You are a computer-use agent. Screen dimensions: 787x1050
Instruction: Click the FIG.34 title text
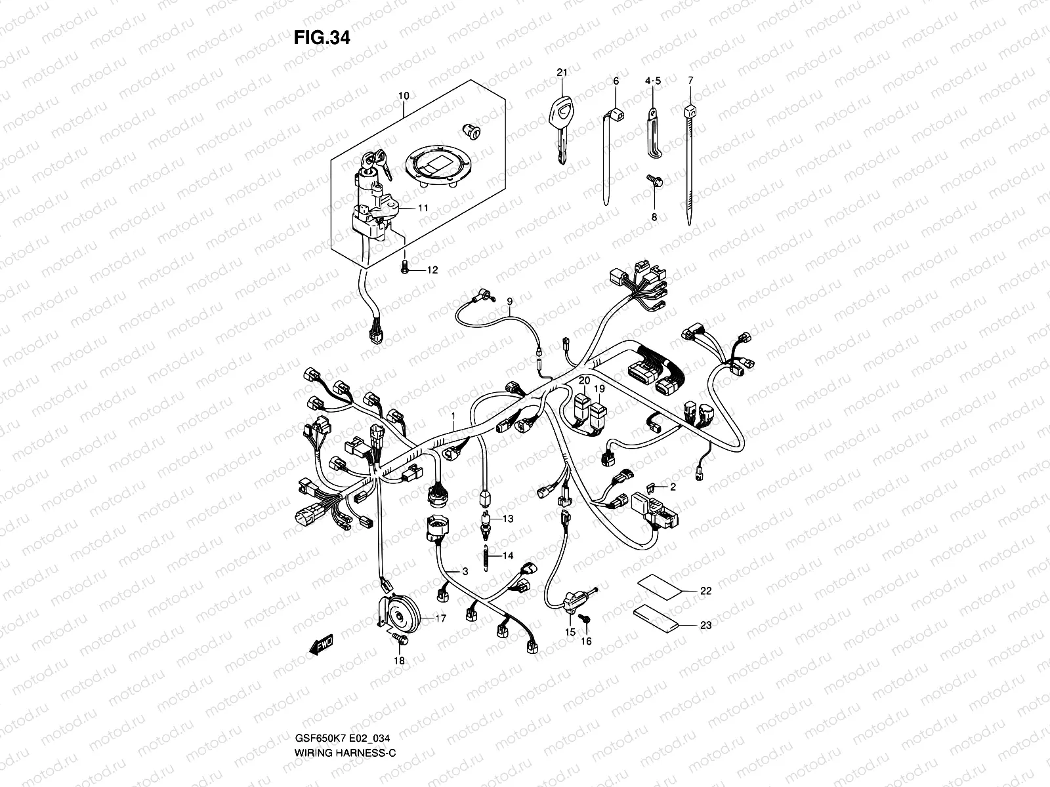coord(322,38)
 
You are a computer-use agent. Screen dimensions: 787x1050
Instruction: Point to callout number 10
coord(403,96)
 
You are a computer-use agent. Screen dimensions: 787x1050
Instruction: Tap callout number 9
coord(509,301)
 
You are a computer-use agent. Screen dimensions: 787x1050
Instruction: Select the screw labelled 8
coord(652,179)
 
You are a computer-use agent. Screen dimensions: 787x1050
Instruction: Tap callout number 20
coord(584,380)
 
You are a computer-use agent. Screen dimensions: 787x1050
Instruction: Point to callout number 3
coord(465,572)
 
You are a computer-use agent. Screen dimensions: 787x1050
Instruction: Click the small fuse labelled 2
coord(651,487)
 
